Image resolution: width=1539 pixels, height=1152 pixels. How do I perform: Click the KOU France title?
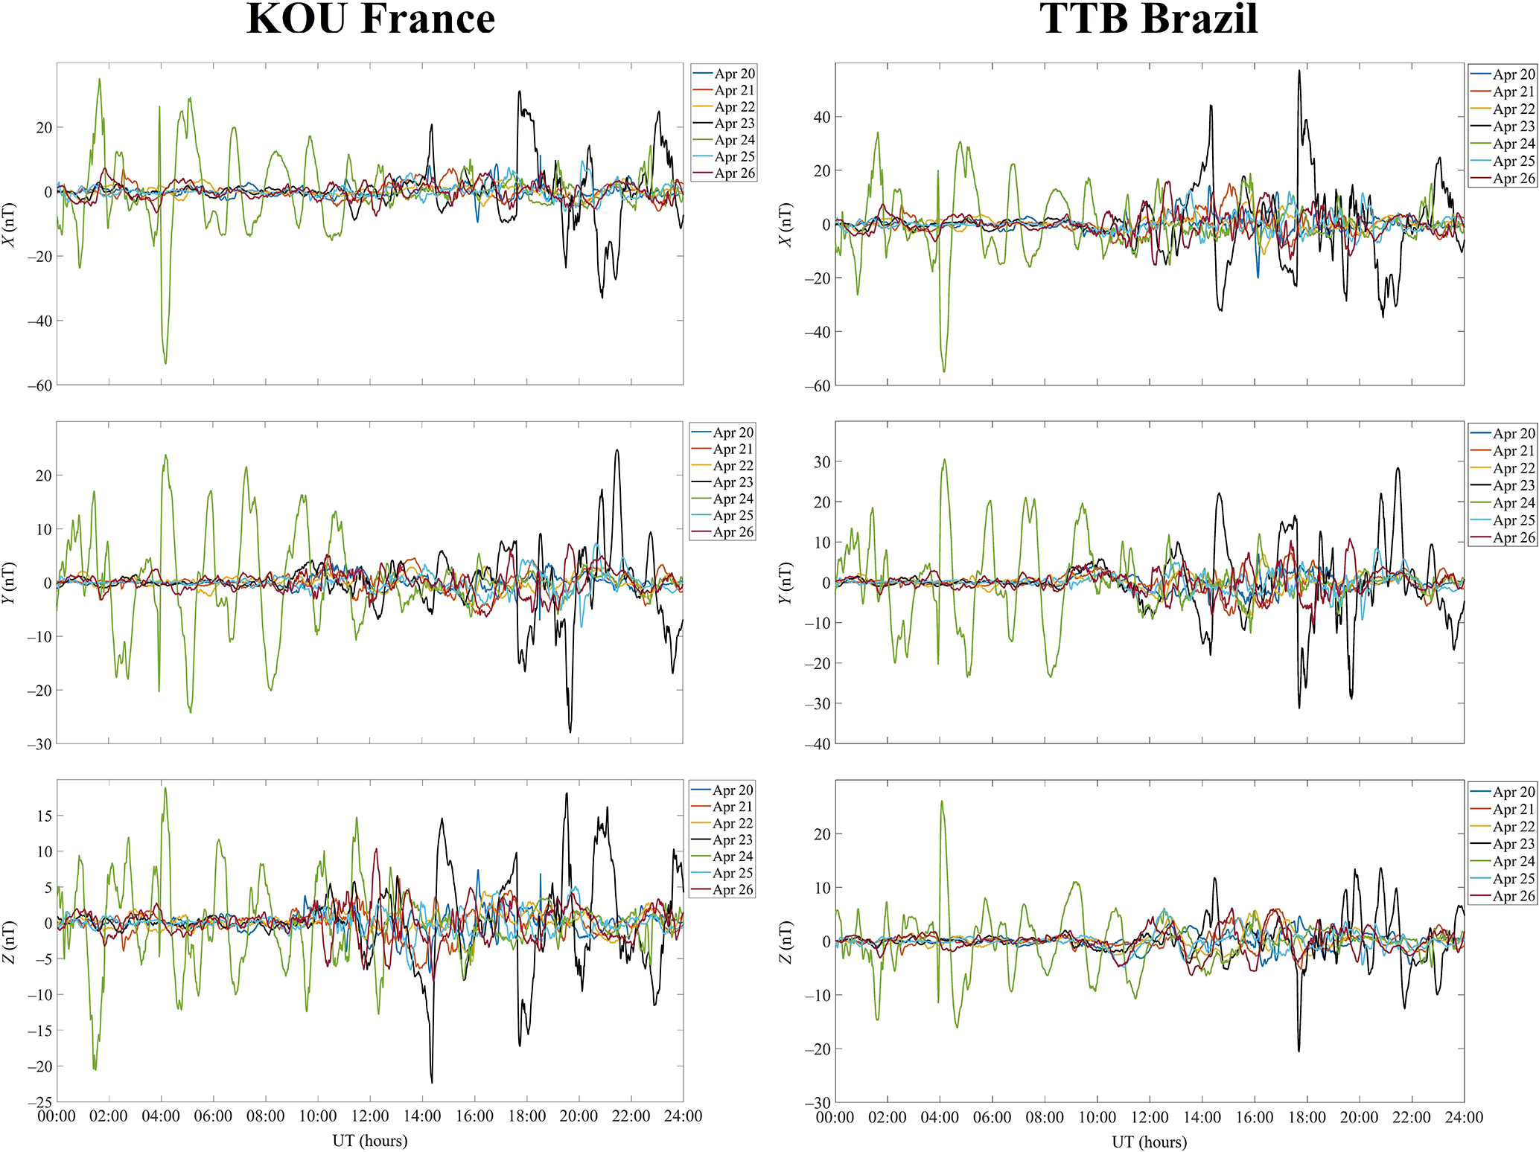(370, 19)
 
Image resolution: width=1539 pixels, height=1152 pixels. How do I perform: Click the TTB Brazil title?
(1148, 19)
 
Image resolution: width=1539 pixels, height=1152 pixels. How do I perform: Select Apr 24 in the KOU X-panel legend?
(734, 140)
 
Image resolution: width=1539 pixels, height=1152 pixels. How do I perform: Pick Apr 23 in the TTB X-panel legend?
(1513, 127)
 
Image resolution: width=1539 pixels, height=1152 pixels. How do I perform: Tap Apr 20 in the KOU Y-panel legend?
(733, 432)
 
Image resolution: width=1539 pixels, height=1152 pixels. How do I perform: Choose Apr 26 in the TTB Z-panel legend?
(1513, 896)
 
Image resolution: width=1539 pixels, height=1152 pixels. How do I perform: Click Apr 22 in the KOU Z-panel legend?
(733, 823)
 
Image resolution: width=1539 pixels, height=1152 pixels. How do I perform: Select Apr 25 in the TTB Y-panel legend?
(1513, 520)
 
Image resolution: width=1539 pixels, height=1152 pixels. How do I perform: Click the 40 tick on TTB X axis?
(821, 117)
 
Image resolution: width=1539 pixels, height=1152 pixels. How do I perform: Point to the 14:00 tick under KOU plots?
(422, 1116)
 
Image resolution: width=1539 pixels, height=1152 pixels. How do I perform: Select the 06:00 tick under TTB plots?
(992, 1117)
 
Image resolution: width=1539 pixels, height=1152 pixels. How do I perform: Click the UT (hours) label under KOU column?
(370, 1140)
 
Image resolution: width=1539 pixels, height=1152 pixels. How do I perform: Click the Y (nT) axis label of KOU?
(8, 583)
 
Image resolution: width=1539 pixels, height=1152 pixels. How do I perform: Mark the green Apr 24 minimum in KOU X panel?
(165, 363)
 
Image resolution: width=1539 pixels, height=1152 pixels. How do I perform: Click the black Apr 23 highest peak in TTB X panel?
(1299, 71)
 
